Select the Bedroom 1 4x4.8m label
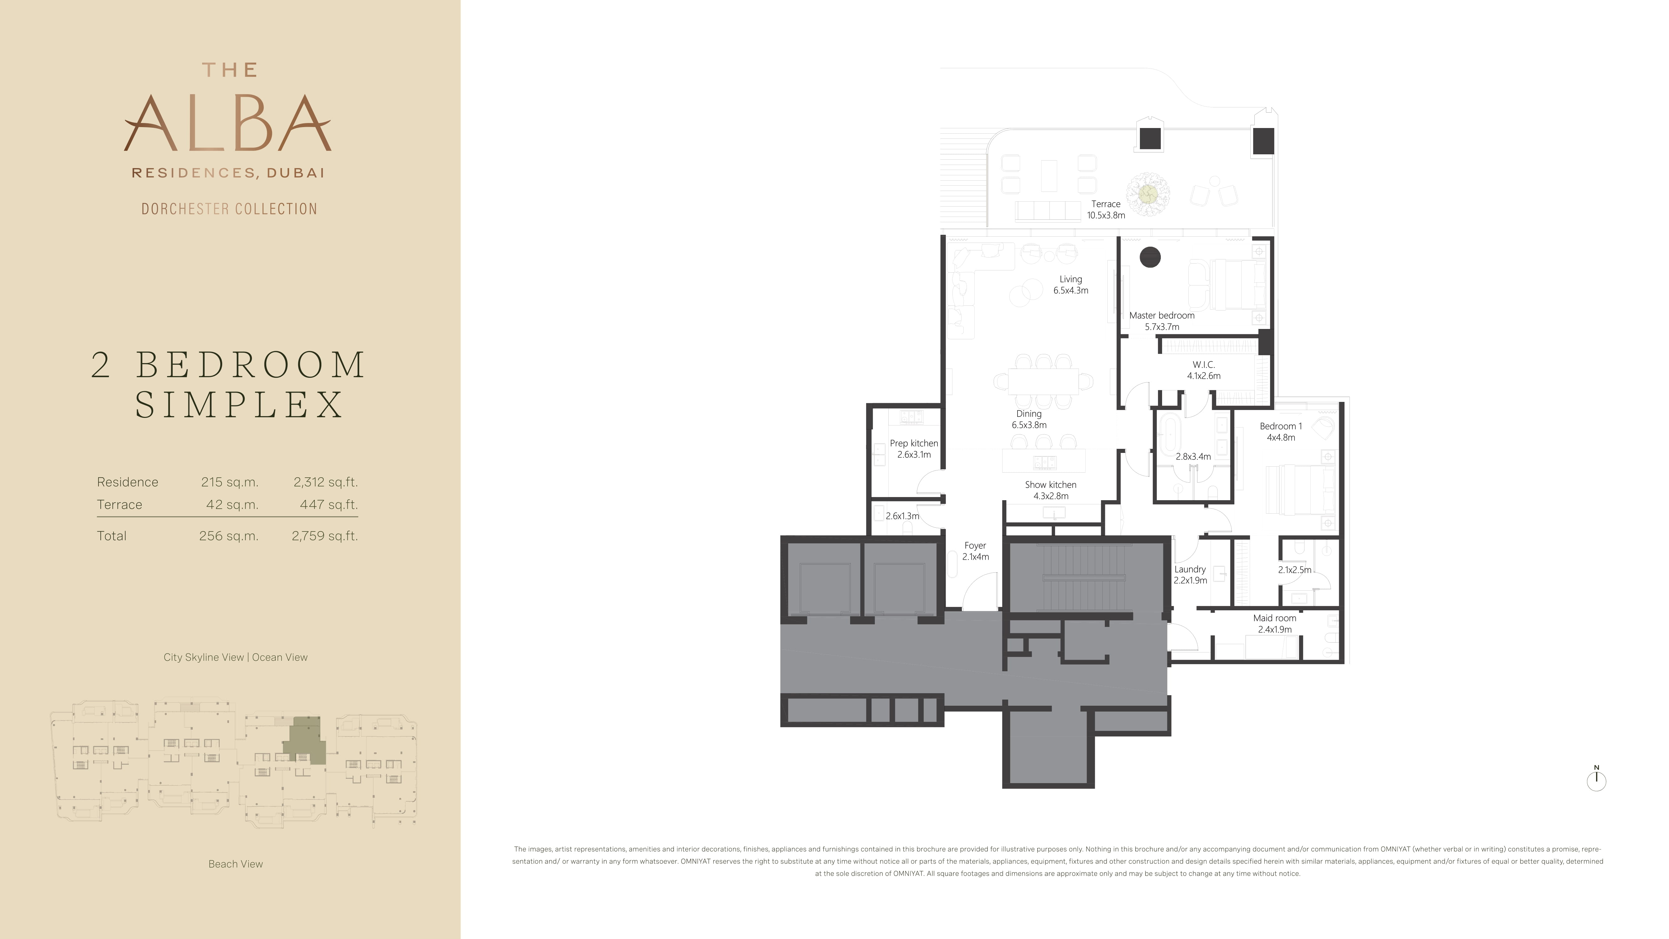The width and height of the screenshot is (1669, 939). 1281,432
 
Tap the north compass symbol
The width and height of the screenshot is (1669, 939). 1596,779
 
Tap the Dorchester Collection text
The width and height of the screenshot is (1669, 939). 229,209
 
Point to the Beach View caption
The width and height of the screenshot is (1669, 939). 236,864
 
